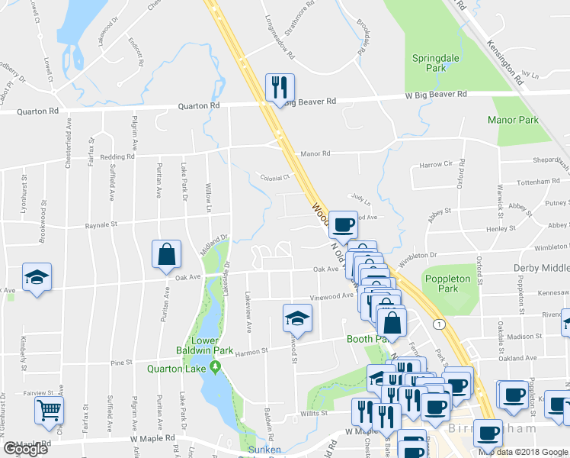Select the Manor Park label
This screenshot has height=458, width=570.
click(x=513, y=120)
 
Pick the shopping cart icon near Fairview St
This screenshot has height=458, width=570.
click(x=50, y=411)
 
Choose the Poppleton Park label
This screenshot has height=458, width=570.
click(x=450, y=284)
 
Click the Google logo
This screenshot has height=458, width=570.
click(x=26, y=449)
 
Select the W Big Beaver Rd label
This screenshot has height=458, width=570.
click(x=436, y=95)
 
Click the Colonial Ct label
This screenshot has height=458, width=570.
click(x=275, y=176)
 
